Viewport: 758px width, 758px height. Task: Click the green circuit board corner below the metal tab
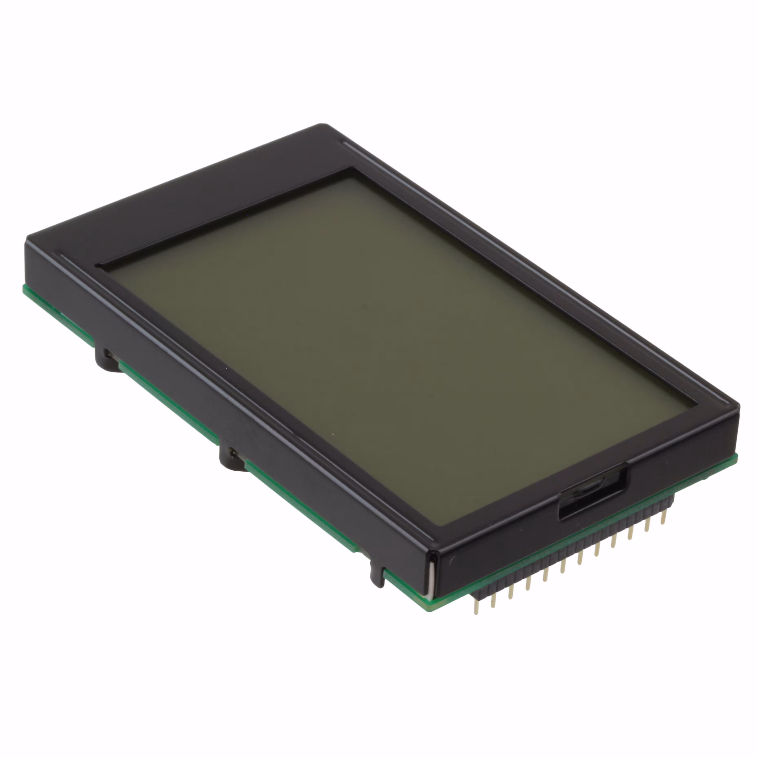(432, 610)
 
